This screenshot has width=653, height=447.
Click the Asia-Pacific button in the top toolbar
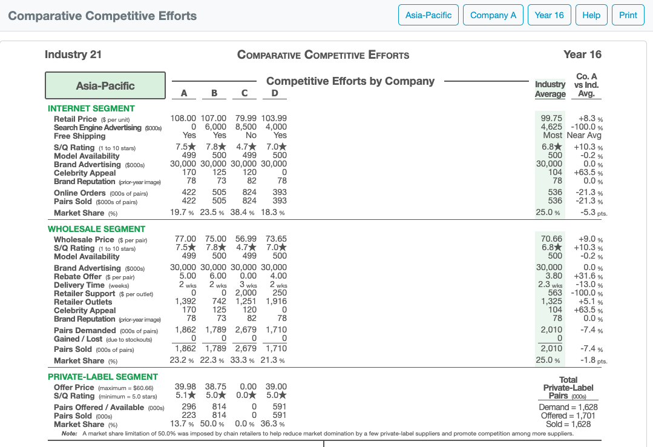coord(428,15)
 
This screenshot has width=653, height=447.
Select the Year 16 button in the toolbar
coord(549,15)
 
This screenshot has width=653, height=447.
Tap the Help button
coord(591,15)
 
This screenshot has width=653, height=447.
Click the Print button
coord(628,15)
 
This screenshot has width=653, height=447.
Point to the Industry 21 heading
coord(73,55)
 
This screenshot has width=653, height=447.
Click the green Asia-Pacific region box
coord(105,85)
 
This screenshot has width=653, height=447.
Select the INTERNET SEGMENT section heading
coord(91,108)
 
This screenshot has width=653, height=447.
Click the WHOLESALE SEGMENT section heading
coord(96,229)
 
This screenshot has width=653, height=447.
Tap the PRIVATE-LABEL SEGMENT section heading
coord(103,377)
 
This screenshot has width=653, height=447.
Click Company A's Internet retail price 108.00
coord(185,119)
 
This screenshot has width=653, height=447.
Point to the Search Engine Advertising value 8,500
coord(246,127)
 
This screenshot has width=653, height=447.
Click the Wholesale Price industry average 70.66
coord(551,240)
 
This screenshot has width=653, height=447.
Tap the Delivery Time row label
coord(79,285)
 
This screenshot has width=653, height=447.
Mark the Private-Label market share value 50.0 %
coord(216,424)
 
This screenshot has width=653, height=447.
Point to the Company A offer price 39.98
coord(185,387)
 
